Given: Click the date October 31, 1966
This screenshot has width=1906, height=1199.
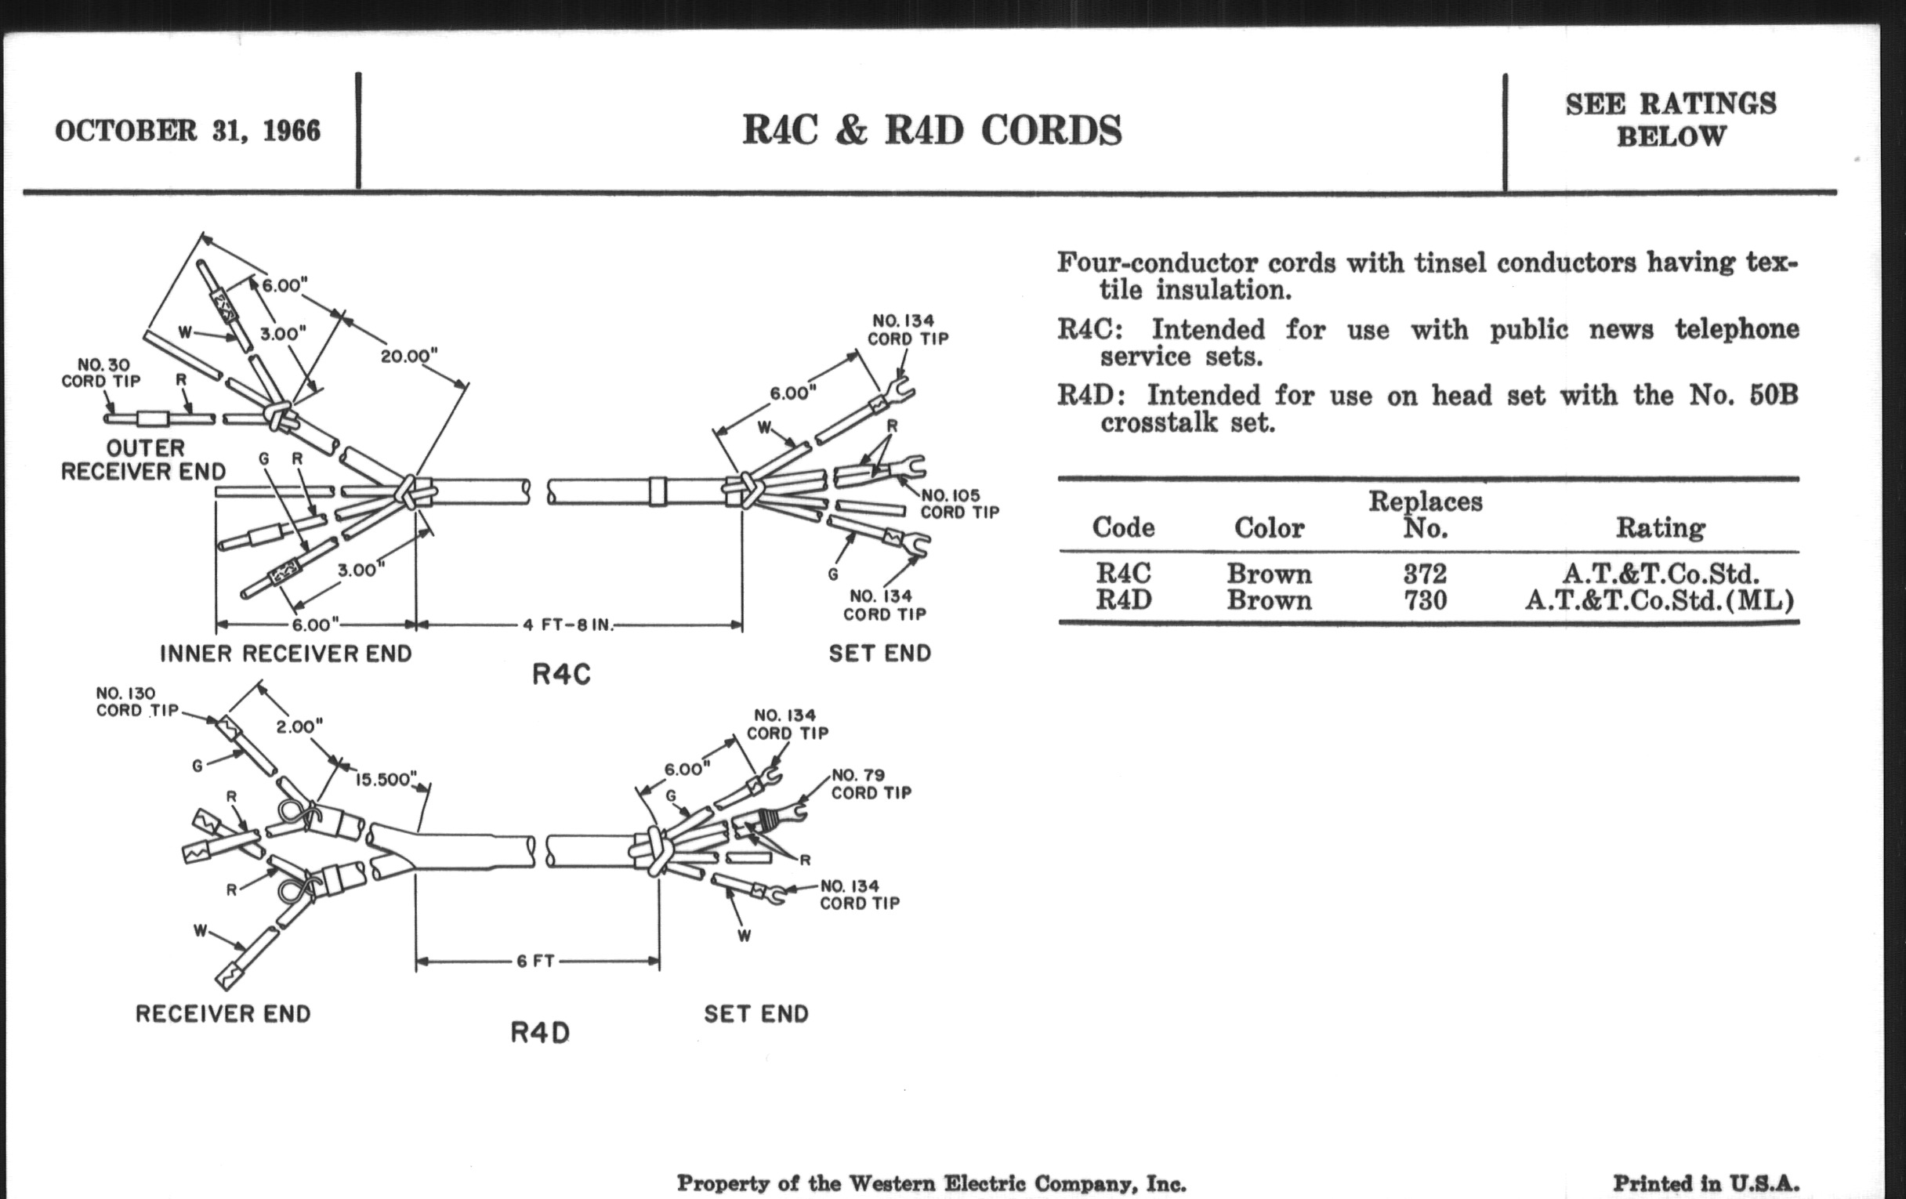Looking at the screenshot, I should [187, 131].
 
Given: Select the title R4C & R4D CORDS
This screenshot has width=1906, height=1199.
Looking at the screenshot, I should [932, 131].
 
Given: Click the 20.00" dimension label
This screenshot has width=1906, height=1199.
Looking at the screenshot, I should [408, 356].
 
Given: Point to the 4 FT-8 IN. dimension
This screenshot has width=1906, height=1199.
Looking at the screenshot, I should [567, 625].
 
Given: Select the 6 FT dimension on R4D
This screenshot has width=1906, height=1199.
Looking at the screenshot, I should [535, 962].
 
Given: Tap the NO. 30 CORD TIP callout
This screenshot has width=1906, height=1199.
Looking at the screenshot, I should [101, 373].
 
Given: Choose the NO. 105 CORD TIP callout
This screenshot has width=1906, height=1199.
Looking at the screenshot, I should [959, 504].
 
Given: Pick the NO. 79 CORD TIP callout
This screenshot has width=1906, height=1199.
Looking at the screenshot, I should [871, 784].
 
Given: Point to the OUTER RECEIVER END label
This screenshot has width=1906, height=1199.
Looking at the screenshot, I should [143, 460].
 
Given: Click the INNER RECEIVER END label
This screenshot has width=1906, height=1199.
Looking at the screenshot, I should [286, 654].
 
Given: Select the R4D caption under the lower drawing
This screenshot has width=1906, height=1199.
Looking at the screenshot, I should [540, 1033].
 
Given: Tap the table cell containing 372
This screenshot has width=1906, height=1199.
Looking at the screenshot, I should [1425, 573].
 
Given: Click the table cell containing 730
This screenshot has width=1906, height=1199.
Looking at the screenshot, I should [1425, 601].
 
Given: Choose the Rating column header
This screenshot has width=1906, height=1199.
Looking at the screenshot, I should [1660, 528].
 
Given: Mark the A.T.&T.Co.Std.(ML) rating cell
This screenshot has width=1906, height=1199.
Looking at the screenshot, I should [1659, 601].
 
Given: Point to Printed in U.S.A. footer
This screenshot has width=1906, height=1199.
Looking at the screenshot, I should [1705, 1184].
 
